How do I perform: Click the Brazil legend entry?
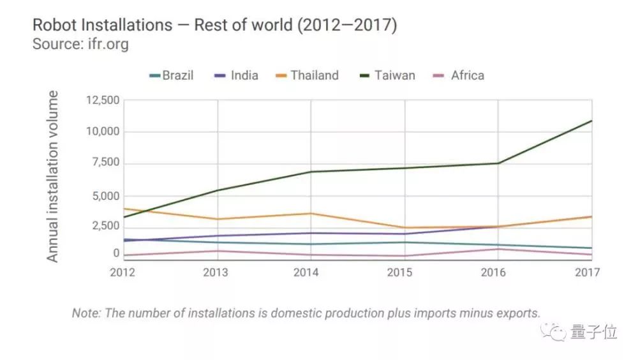click(171, 75)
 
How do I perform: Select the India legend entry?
click(237, 75)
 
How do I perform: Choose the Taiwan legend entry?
click(387, 75)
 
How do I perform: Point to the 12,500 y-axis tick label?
click(102, 100)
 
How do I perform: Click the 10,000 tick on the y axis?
click(102, 131)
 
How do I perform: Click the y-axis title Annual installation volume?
click(53, 176)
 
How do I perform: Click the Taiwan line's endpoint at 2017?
click(591, 121)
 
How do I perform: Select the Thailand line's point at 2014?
click(311, 213)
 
